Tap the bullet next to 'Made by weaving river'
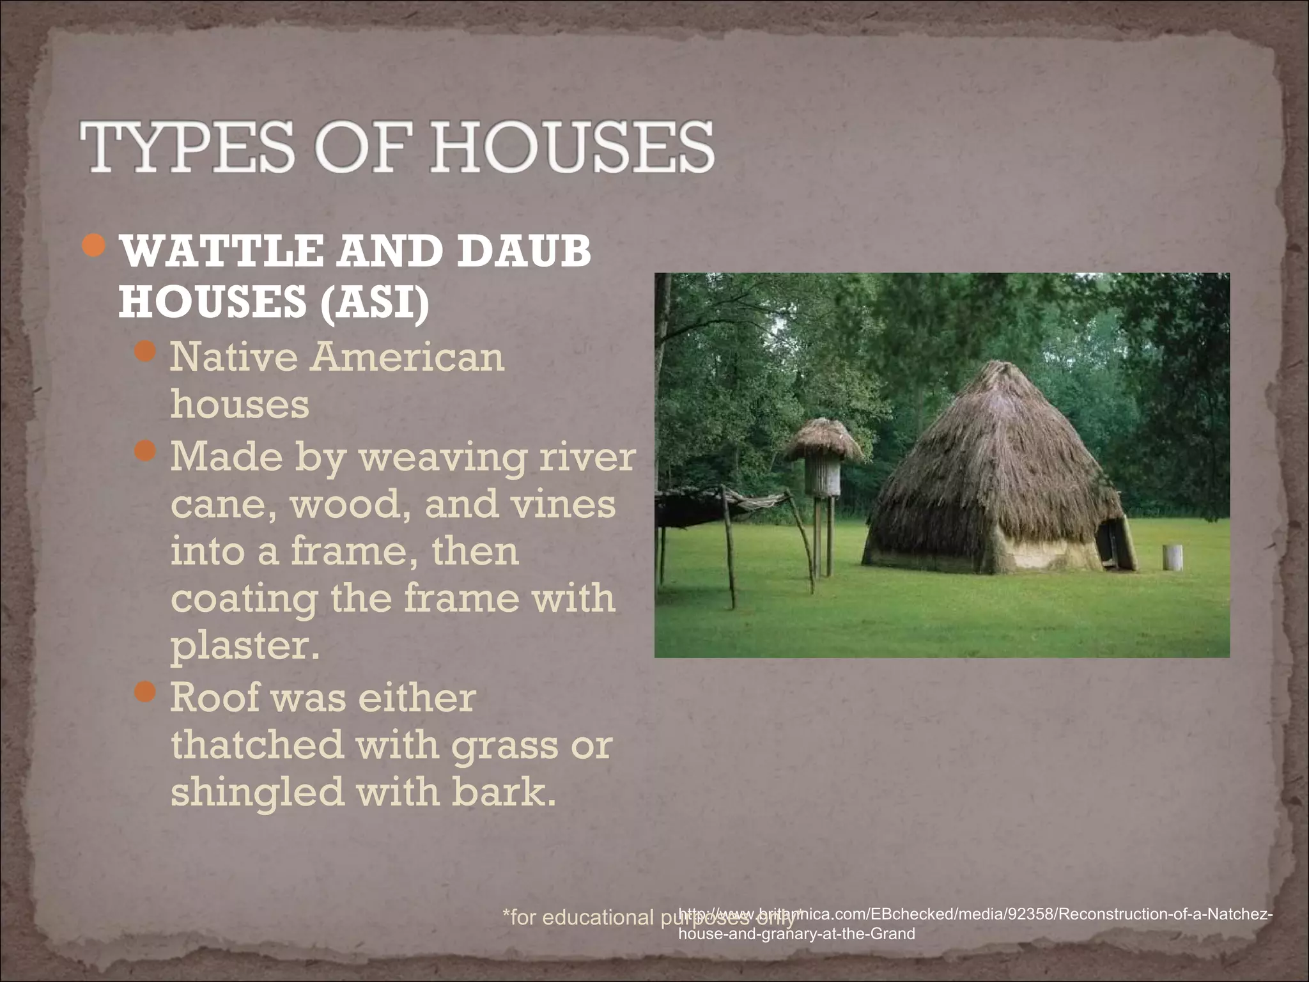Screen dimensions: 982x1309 (x=146, y=451)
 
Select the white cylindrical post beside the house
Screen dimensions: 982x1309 (x=1172, y=557)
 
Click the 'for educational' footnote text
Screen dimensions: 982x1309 (x=578, y=917)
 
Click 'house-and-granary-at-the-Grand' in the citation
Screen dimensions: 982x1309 (x=796, y=933)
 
